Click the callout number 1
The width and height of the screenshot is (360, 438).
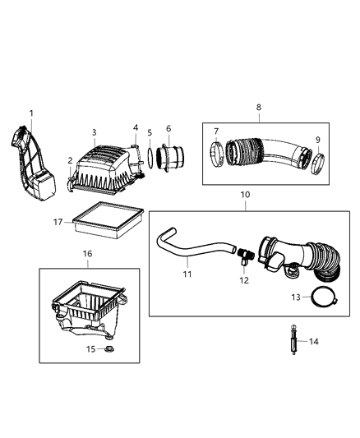pos(32,113)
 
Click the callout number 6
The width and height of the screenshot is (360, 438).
pos(168,128)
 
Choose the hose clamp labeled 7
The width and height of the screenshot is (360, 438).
pos(215,153)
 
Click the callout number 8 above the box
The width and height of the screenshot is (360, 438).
pos(259,107)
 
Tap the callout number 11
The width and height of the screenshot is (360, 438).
pos(187,274)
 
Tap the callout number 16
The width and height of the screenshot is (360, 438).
pos(86,255)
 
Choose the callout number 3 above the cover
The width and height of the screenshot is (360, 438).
pos(95,131)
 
